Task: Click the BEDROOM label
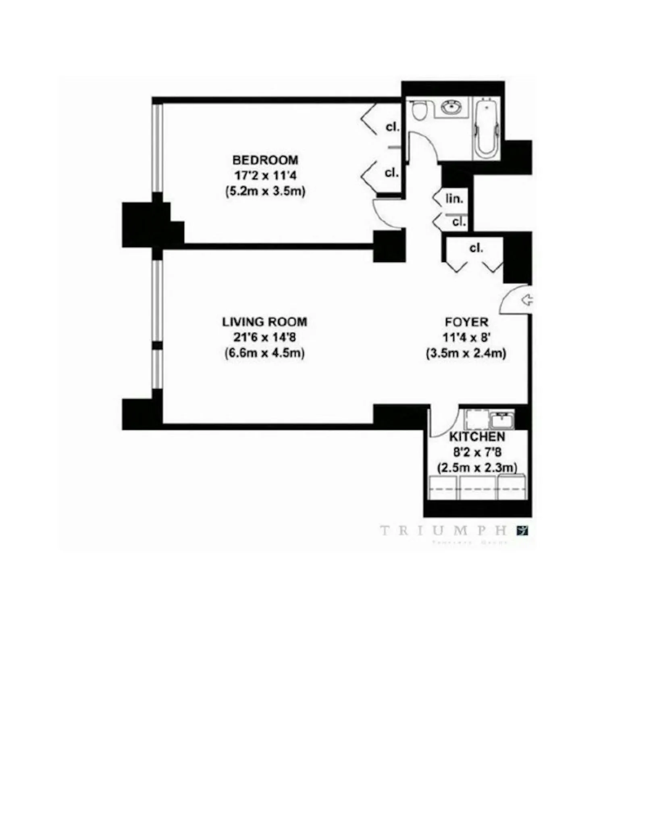(265, 160)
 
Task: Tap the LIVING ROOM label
(264, 322)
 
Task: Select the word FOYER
(466, 322)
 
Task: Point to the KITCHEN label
(477, 436)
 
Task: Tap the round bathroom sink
(451, 107)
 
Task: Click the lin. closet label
(454, 198)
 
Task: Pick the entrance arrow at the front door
(526, 300)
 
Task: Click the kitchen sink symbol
(501, 420)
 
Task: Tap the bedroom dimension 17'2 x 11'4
(265, 175)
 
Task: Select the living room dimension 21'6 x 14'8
(264, 337)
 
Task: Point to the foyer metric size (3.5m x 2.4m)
(466, 353)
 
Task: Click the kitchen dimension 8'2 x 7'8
(477, 452)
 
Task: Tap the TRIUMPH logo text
(443, 531)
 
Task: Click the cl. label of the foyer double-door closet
(476, 248)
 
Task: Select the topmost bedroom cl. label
(392, 127)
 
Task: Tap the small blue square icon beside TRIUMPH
(522, 531)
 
